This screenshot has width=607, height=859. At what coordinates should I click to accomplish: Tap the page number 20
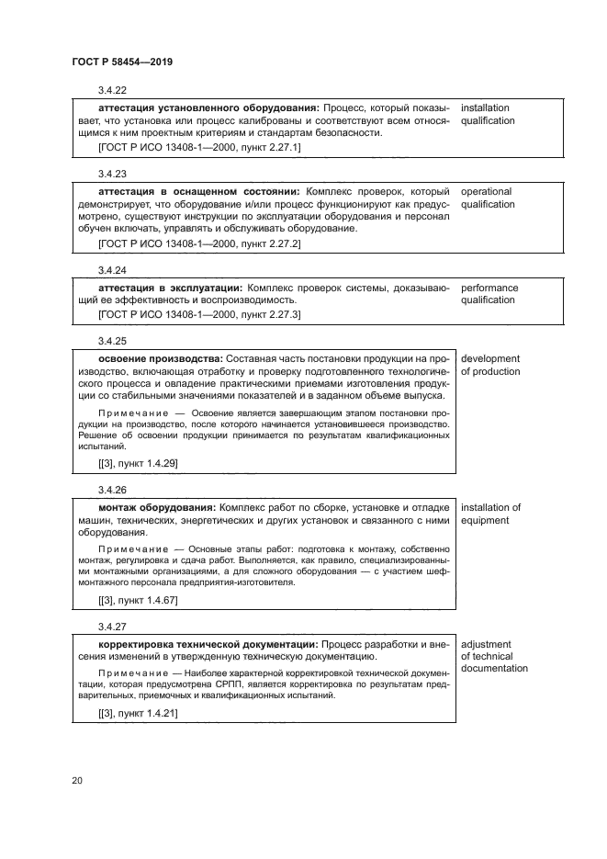click(x=77, y=781)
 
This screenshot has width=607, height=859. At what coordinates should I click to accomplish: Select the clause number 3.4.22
click(x=112, y=90)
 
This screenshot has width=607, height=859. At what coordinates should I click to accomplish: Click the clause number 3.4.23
click(x=112, y=174)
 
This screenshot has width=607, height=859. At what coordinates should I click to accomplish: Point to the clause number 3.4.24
click(x=112, y=270)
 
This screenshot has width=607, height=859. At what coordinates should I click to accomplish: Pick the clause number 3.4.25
click(x=112, y=340)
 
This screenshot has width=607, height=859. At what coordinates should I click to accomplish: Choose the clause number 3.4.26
click(x=112, y=490)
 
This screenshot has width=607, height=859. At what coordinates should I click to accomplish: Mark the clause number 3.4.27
click(x=112, y=627)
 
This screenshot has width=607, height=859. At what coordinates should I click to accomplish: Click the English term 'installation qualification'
click(x=486, y=114)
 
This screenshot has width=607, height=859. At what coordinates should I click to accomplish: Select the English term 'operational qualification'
click(x=486, y=198)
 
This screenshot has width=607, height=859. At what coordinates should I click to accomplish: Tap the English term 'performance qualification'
click(x=489, y=294)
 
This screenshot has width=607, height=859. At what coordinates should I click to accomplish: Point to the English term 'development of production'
click(x=489, y=365)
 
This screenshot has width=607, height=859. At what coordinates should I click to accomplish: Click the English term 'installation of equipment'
click(x=490, y=514)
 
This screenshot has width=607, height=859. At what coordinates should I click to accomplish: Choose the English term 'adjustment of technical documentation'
click(x=494, y=656)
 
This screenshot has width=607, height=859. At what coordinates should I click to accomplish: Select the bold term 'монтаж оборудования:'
click(x=156, y=507)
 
